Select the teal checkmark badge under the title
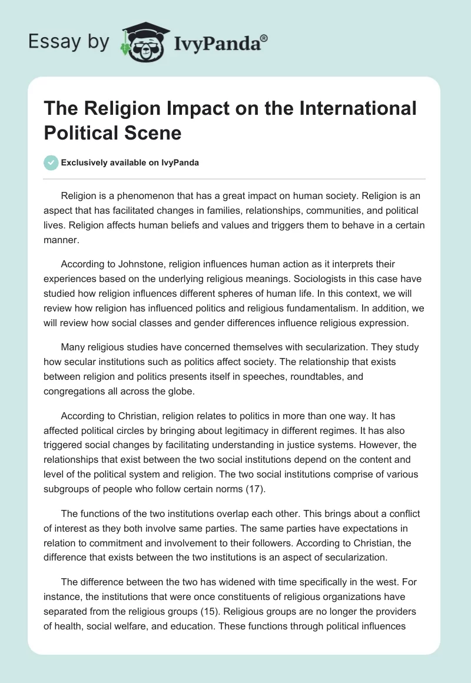click(x=51, y=163)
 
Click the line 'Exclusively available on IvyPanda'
click(x=130, y=163)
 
